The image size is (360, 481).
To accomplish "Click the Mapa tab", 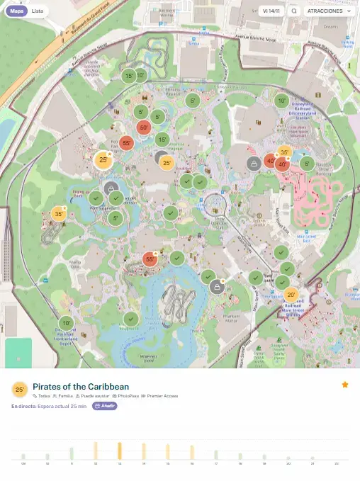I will (x=16, y=11).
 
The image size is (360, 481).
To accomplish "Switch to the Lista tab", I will (x=38, y=11).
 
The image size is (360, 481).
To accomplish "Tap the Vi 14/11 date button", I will (x=271, y=11).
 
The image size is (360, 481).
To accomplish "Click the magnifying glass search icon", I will (x=294, y=11).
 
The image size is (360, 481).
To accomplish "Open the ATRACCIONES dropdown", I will (x=327, y=11).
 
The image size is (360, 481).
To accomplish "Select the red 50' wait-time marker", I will (x=144, y=128).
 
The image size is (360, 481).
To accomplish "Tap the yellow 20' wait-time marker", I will (x=291, y=295).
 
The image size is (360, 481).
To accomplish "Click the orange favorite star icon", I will (x=345, y=385).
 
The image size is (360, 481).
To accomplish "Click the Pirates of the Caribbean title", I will (x=81, y=386).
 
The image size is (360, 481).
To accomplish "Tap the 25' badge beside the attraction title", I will (x=20, y=390).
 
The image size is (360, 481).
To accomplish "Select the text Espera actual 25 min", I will (x=63, y=406).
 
